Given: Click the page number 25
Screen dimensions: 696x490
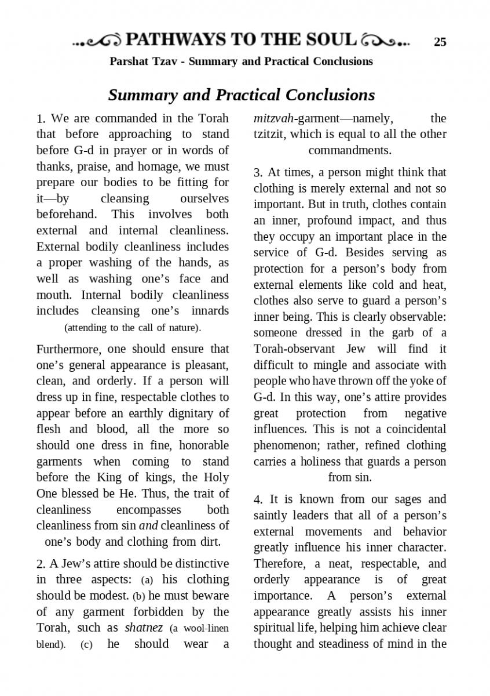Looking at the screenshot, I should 440,42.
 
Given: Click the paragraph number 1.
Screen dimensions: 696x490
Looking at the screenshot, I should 40,119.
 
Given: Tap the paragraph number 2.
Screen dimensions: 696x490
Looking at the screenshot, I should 40,564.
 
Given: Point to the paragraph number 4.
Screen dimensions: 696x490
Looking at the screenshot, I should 258,500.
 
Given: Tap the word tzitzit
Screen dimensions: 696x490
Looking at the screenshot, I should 269,135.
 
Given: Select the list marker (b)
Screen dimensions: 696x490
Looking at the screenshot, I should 140,596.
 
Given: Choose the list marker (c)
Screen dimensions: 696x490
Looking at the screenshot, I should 87,644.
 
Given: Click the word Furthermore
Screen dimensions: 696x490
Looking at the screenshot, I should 69,349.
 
